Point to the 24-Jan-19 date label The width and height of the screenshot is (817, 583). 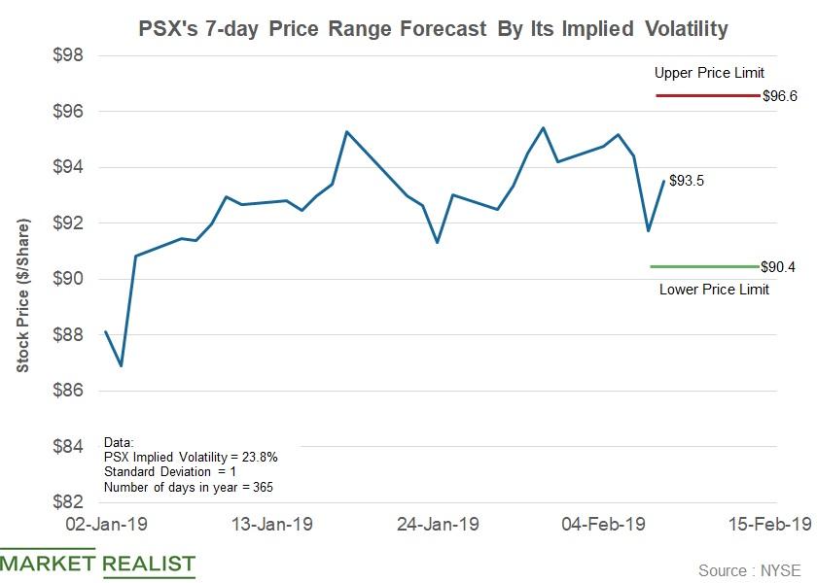439,525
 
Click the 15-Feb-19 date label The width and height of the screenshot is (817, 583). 768,525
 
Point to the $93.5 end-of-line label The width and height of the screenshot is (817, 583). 687,181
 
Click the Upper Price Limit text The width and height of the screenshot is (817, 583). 709,73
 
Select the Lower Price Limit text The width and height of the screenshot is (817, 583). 714,289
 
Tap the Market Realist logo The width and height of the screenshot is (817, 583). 97,565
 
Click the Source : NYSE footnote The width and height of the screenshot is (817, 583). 753,570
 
